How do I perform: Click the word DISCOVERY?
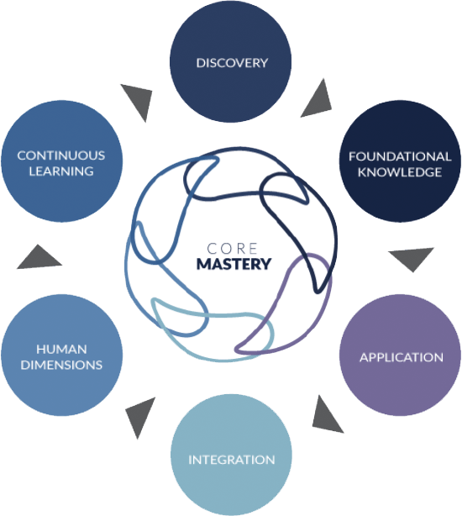tap(232, 63)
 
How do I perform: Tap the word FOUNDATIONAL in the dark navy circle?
tap(400, 156)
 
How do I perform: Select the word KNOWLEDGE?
tap(400, 172)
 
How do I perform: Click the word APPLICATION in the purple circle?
tap(402, 357)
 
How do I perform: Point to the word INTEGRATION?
tap(232, 460)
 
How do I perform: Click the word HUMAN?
tap(61, 349)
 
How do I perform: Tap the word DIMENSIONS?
tap(61, 365)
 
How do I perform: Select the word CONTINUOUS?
tap(61, 155)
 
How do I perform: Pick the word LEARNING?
tap(61, 171)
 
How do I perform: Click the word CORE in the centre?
tap(232, 249)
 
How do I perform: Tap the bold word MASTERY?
tap(234, 264)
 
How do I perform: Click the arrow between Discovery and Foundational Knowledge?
tap(318, 100)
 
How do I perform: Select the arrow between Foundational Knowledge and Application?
tap(412, 258)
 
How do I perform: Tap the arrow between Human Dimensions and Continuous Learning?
tap(39, 258)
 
